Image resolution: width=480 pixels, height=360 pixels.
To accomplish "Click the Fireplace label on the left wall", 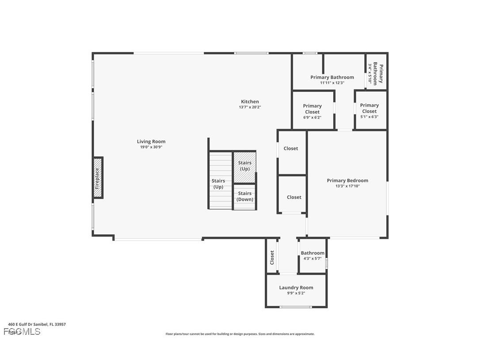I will pos(97,178).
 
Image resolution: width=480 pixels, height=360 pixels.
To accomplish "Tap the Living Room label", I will pos(151,142).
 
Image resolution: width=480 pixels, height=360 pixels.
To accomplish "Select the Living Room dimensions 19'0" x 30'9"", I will pos(151,147).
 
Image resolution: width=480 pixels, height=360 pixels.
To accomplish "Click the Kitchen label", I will pos(250,102).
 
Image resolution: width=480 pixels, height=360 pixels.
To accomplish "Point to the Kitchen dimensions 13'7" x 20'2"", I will pos(250,107).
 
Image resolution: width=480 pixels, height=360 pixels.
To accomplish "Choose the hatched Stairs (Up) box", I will pos(244,166).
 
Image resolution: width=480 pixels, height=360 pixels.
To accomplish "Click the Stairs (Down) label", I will pos(244,196).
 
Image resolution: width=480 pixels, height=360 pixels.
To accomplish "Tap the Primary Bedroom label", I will pos(347,180).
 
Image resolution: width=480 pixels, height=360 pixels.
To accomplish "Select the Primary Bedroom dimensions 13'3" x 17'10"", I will pos(347,186).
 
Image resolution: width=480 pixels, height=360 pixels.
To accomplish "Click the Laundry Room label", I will pos(296,287).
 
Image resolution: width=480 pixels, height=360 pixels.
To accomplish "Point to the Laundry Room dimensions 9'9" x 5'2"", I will pos(296,293).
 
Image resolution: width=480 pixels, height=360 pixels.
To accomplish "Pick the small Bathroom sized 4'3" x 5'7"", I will pos(312,256).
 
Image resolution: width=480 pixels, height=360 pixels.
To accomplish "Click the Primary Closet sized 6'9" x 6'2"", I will pos(312,111).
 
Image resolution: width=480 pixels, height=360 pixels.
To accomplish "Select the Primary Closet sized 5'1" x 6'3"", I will pos(370,111).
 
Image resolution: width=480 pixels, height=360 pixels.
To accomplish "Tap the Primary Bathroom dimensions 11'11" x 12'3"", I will pos(332,83).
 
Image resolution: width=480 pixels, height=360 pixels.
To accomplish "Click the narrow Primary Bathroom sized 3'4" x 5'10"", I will pos(376,73).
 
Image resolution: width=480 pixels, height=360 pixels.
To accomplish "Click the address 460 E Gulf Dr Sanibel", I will pos(37,324).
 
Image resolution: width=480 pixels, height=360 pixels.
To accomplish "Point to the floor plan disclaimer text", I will pos(240,334).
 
